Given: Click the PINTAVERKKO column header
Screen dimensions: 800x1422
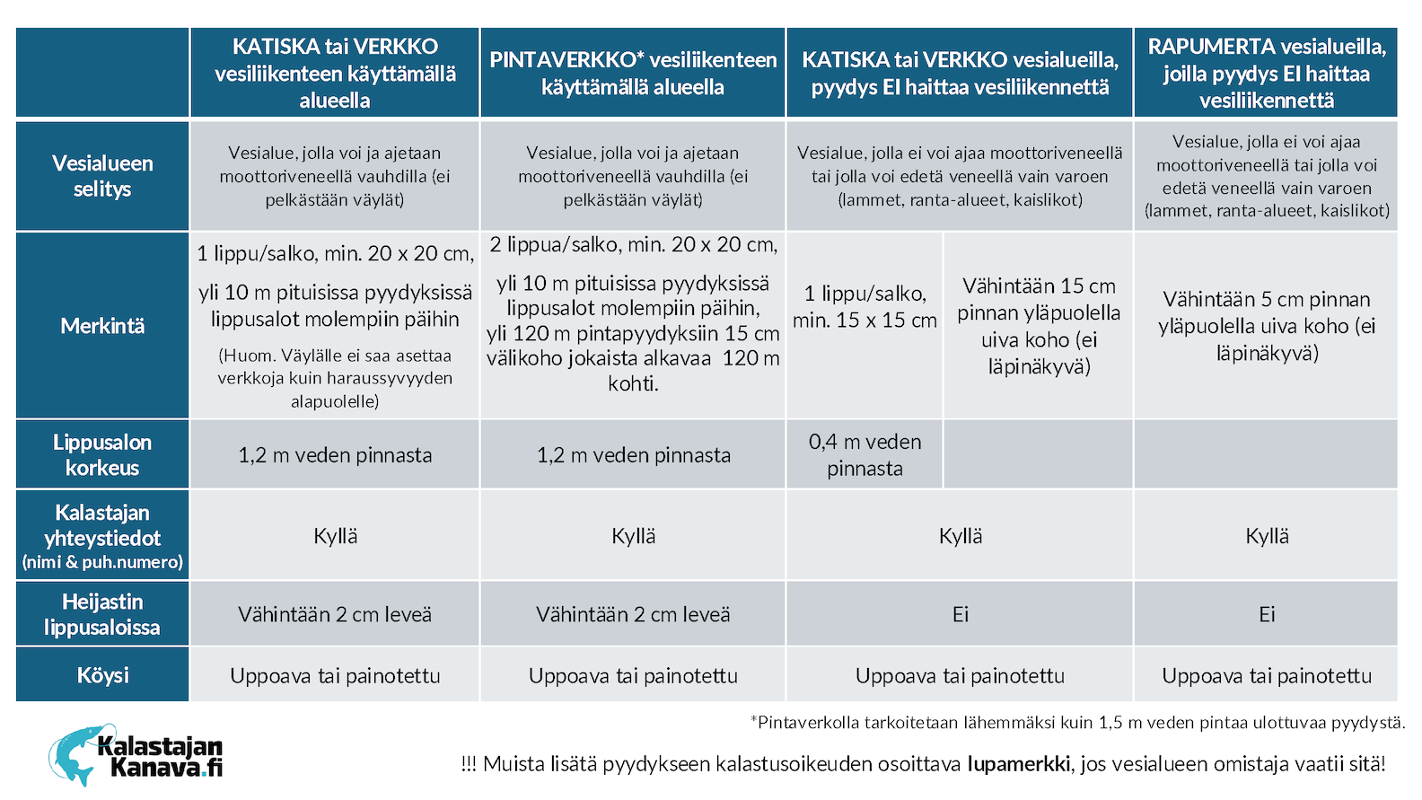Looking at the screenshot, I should pos(633,74).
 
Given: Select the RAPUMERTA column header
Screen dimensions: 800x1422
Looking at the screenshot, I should pos(1266,74).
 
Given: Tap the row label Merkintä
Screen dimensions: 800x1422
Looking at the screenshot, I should pos(102,326).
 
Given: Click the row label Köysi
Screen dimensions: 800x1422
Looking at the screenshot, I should pos(102,675).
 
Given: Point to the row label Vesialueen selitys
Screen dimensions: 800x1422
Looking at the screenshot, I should pos(102,176).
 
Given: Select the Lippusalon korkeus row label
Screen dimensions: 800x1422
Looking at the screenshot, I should pos(102,455).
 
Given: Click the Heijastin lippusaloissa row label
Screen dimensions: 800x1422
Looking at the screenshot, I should pos(102,614).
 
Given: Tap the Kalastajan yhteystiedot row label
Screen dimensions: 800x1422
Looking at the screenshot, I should pos(102,536).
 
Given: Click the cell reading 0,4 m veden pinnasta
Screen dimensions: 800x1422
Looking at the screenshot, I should pos(865,455).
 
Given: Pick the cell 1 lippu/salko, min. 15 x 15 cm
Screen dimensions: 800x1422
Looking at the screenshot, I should pos(865,307).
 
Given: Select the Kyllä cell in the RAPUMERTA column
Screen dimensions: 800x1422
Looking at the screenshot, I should pos(1267,536).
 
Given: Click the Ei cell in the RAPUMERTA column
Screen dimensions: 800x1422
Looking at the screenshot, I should pos(1267,614).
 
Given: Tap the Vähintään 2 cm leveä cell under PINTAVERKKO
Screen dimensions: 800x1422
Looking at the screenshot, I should pos(633,614).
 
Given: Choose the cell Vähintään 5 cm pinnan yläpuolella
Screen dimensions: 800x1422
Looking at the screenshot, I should pos(1267,326).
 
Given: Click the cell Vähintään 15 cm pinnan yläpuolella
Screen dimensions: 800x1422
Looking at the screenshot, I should pos(1039,326).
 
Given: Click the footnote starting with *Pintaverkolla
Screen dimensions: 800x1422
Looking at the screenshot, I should pos(1077,723).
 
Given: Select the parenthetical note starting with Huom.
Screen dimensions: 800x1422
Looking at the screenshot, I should pos(335,379).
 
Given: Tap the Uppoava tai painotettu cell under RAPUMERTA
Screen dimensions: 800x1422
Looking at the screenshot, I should pos(1267,675).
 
